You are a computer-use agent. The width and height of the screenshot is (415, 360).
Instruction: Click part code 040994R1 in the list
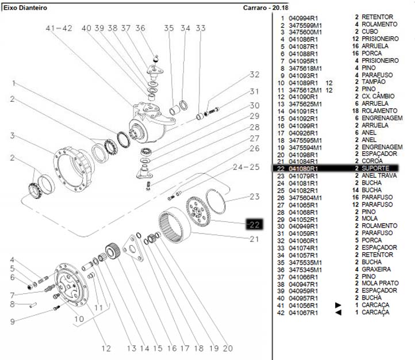point(303,18)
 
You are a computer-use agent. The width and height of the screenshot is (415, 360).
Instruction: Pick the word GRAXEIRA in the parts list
point(376,269)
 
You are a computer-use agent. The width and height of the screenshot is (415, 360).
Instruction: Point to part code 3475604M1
point(305,197)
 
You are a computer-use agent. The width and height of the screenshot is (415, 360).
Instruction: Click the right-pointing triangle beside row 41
point(338,305)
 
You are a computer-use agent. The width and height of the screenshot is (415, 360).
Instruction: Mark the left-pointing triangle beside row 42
point(338,312)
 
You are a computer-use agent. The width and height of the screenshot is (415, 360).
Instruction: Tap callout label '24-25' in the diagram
point(247,167)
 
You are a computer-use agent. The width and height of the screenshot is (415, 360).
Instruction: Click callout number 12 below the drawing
point(106,348)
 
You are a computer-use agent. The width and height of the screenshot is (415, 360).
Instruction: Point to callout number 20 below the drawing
point(227,348)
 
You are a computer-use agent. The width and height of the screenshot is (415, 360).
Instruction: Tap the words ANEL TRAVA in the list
point(380,176)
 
